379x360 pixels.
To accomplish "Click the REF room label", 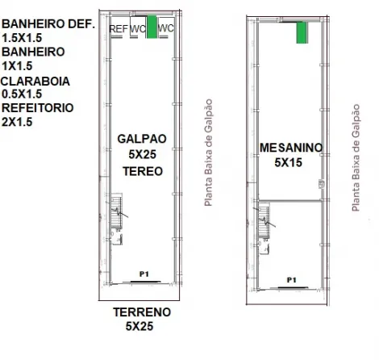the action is click(119, 29).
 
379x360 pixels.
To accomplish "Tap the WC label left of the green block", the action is click(138, 28).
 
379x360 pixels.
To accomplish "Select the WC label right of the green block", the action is click(165, 28).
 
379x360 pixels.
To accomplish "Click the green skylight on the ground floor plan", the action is click(152, 27).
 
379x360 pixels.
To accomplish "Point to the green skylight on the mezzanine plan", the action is click(302, 32).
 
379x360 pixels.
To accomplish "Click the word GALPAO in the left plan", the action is click(142, 139).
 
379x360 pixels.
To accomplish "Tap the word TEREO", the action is click(143, 171).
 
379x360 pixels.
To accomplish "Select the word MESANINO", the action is click(291, 148).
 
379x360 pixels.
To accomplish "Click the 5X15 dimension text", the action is click(289, 162).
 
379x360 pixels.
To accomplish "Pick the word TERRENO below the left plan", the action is click(142, 312).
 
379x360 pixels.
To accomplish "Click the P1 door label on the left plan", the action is click(144, 274).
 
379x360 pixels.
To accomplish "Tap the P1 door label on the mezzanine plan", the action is click(292, 280).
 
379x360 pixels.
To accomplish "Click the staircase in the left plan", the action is click(117, 211).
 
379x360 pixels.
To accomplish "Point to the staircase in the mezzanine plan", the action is click(264, 220).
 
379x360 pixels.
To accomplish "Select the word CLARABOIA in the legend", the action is click(35, 82).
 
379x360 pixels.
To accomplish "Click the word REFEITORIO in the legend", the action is click(38, 108).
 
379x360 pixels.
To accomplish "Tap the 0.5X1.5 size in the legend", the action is click(22, 94).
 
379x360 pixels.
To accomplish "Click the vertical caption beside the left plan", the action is click(209, 153).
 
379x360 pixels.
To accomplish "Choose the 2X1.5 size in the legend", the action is click(17, 122).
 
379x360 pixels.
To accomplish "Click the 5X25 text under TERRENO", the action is click(140, 326).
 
